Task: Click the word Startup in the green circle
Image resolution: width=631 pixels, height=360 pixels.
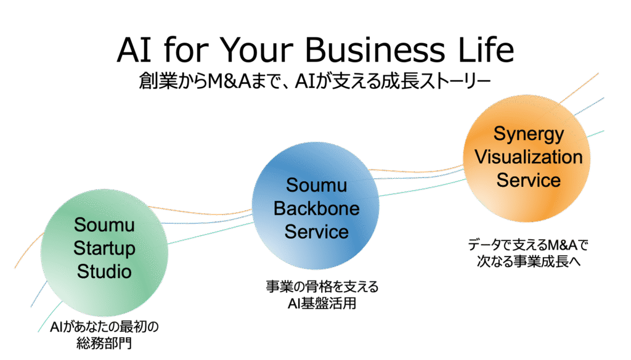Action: pos(104,248)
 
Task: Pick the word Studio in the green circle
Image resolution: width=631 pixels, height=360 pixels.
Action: pos(104,271)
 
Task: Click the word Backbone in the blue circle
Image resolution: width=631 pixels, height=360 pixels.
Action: pos(316,208)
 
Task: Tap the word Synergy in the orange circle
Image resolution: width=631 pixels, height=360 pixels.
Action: pos(528,134)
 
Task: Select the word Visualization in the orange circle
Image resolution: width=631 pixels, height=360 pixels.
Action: pos(528,157)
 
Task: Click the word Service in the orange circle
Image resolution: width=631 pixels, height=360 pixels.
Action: pos(528,180)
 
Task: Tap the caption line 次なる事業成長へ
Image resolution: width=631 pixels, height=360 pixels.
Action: pos(529,261)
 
